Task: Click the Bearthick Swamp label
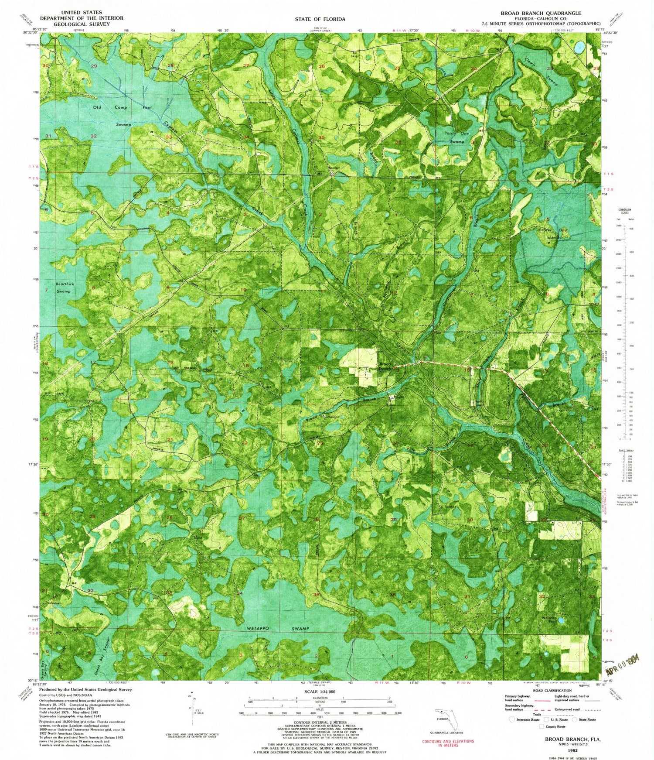tap(65, 288)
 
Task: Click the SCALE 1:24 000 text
tap(317, 692)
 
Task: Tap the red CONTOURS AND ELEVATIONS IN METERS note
tap(448, 744)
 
